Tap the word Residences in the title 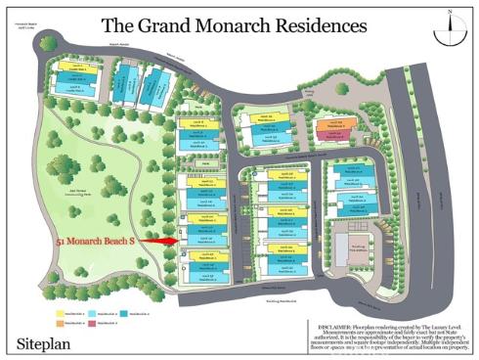coord(313,26)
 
